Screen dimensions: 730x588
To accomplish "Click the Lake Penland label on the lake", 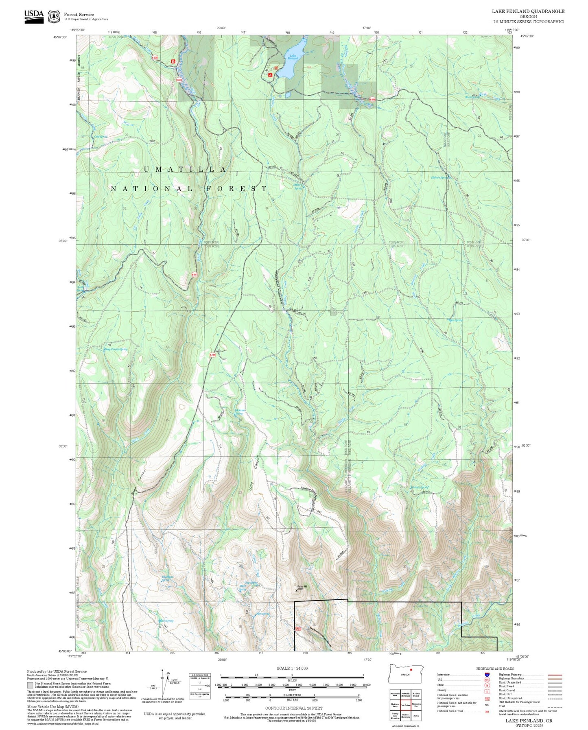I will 293,57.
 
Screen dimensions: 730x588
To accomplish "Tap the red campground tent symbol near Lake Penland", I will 270,75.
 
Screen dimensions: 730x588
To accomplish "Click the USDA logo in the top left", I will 34,15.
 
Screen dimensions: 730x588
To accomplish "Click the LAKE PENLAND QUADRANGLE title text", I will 528,11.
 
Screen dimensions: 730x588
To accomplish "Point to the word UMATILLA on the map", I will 185,169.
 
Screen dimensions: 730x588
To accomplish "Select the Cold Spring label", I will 101,137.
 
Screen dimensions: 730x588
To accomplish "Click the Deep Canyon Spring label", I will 116,349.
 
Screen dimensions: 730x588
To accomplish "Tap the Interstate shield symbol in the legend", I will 487,674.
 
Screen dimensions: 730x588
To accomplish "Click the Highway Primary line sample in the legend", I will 555,675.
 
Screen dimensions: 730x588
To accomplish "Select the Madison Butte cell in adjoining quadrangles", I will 395,706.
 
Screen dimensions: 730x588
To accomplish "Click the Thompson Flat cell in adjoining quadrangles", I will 416,706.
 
